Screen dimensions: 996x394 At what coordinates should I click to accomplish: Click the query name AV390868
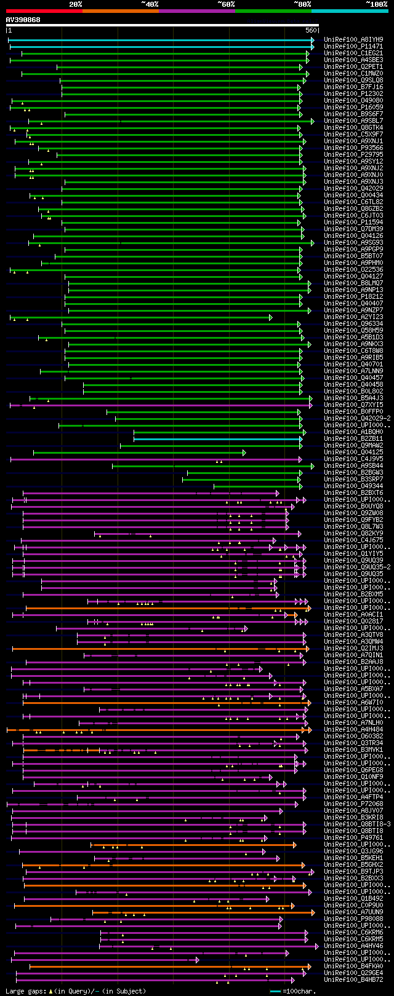click(x=23, y=20)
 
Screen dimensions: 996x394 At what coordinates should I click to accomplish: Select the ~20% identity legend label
click(x=75, y=4)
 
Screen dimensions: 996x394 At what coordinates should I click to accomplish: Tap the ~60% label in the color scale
click(x=226, y=4)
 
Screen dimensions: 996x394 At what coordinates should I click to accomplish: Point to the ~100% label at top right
click(x=376, y=4)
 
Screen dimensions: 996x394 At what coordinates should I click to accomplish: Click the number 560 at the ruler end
click(x=310, y=30)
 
